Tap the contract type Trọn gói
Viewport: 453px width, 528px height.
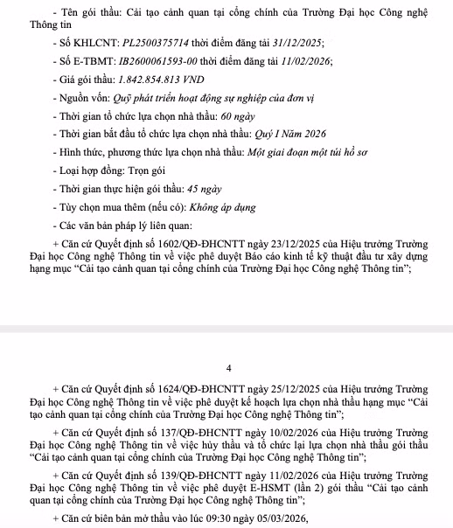[x=143, y=171]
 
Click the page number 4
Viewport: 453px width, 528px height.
[x=227, y=368]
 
